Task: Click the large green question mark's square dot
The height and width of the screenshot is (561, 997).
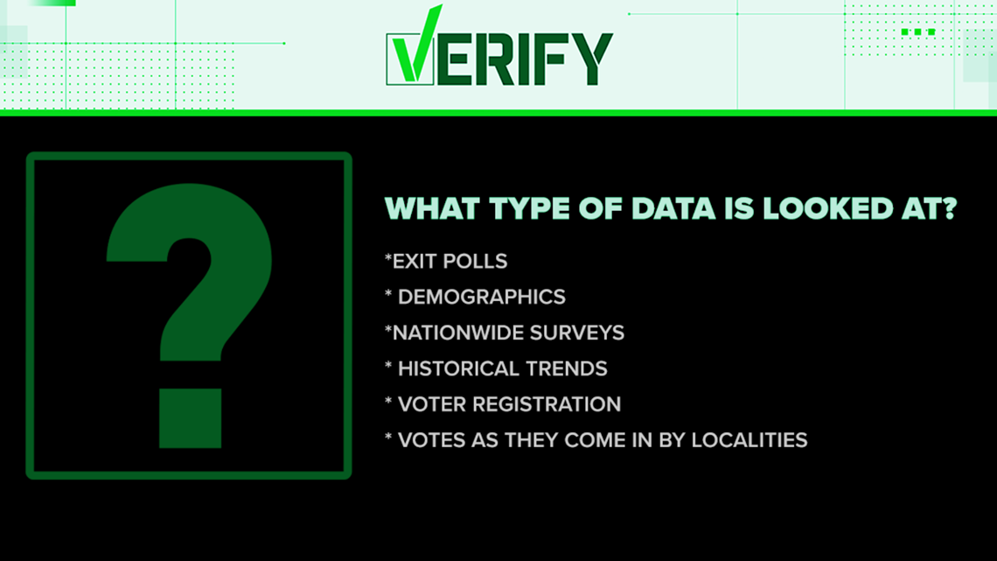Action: [190, 417]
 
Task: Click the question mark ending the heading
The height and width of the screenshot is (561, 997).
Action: [949, 208]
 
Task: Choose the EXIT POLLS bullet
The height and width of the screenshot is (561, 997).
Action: [446, 262]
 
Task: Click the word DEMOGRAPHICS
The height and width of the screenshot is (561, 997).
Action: [481, 297]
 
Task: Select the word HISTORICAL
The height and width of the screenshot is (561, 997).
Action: [463, 369]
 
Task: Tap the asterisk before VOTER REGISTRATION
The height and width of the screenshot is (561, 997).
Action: [388, 402]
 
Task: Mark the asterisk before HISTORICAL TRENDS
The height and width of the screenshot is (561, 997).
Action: [388, 366]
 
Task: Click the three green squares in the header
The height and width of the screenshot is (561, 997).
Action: [918, 32]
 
